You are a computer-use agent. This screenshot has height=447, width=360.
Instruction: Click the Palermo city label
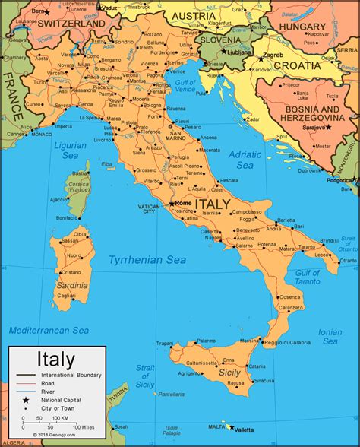click(206, 341)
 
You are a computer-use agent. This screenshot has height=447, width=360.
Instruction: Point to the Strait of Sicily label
click(145, 377)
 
